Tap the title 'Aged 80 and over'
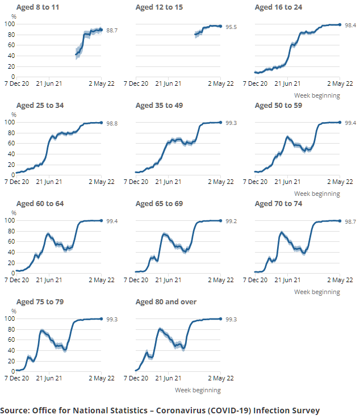tap(166, 301)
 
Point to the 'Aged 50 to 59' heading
tap(278, 106)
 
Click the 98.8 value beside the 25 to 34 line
tap(112, 123)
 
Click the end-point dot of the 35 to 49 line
tap(220, 123)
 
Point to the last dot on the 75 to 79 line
tap(101, 319)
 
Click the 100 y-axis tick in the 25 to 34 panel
tap(9, 122)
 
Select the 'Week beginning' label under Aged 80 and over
tap(198, 390)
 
